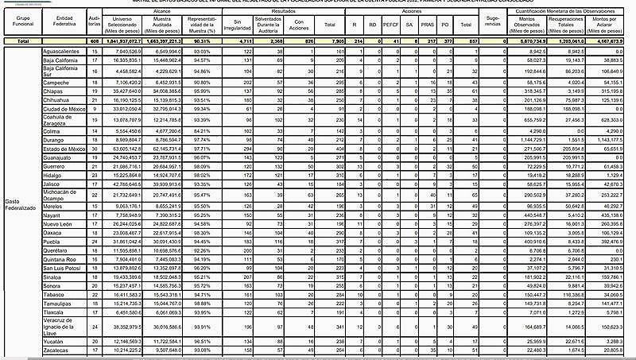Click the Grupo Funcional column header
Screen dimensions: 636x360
[17, 19]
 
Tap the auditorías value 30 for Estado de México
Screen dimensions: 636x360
[94, 149]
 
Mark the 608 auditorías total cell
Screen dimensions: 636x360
[94, 40]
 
